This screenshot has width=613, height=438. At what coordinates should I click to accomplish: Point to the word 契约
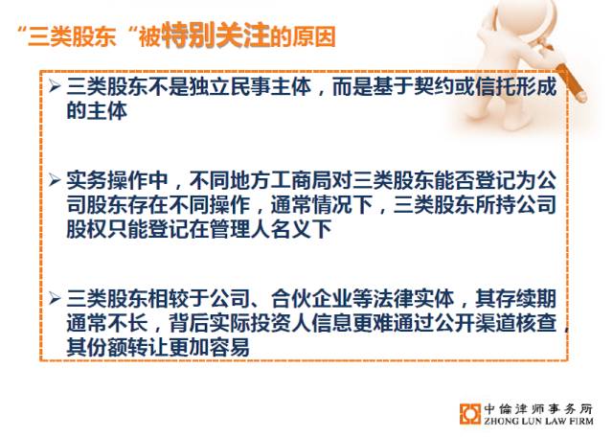tap(434, 86)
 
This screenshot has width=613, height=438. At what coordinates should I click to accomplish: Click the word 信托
tap(495, 86)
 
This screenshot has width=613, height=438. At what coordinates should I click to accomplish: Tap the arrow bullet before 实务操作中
tap(56, 181)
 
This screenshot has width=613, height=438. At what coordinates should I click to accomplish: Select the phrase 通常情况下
tap(322, 204)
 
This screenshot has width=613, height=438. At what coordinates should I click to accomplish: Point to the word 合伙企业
tap(311, 299)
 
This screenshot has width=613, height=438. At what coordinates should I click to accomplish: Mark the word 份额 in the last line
tap(107, 347)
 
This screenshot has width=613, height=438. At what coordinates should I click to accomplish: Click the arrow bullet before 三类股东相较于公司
tap(56, 299)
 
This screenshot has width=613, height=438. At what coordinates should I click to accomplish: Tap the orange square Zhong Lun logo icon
tap(469, 414)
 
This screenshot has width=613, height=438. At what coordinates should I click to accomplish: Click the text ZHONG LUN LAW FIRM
tap(538, 421)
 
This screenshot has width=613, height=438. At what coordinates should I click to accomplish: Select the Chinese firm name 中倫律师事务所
tap(538, 409)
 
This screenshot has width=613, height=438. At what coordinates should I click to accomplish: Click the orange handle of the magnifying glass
tap(571, 83)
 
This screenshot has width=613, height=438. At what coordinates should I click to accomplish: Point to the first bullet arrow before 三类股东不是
tap(56, 86)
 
